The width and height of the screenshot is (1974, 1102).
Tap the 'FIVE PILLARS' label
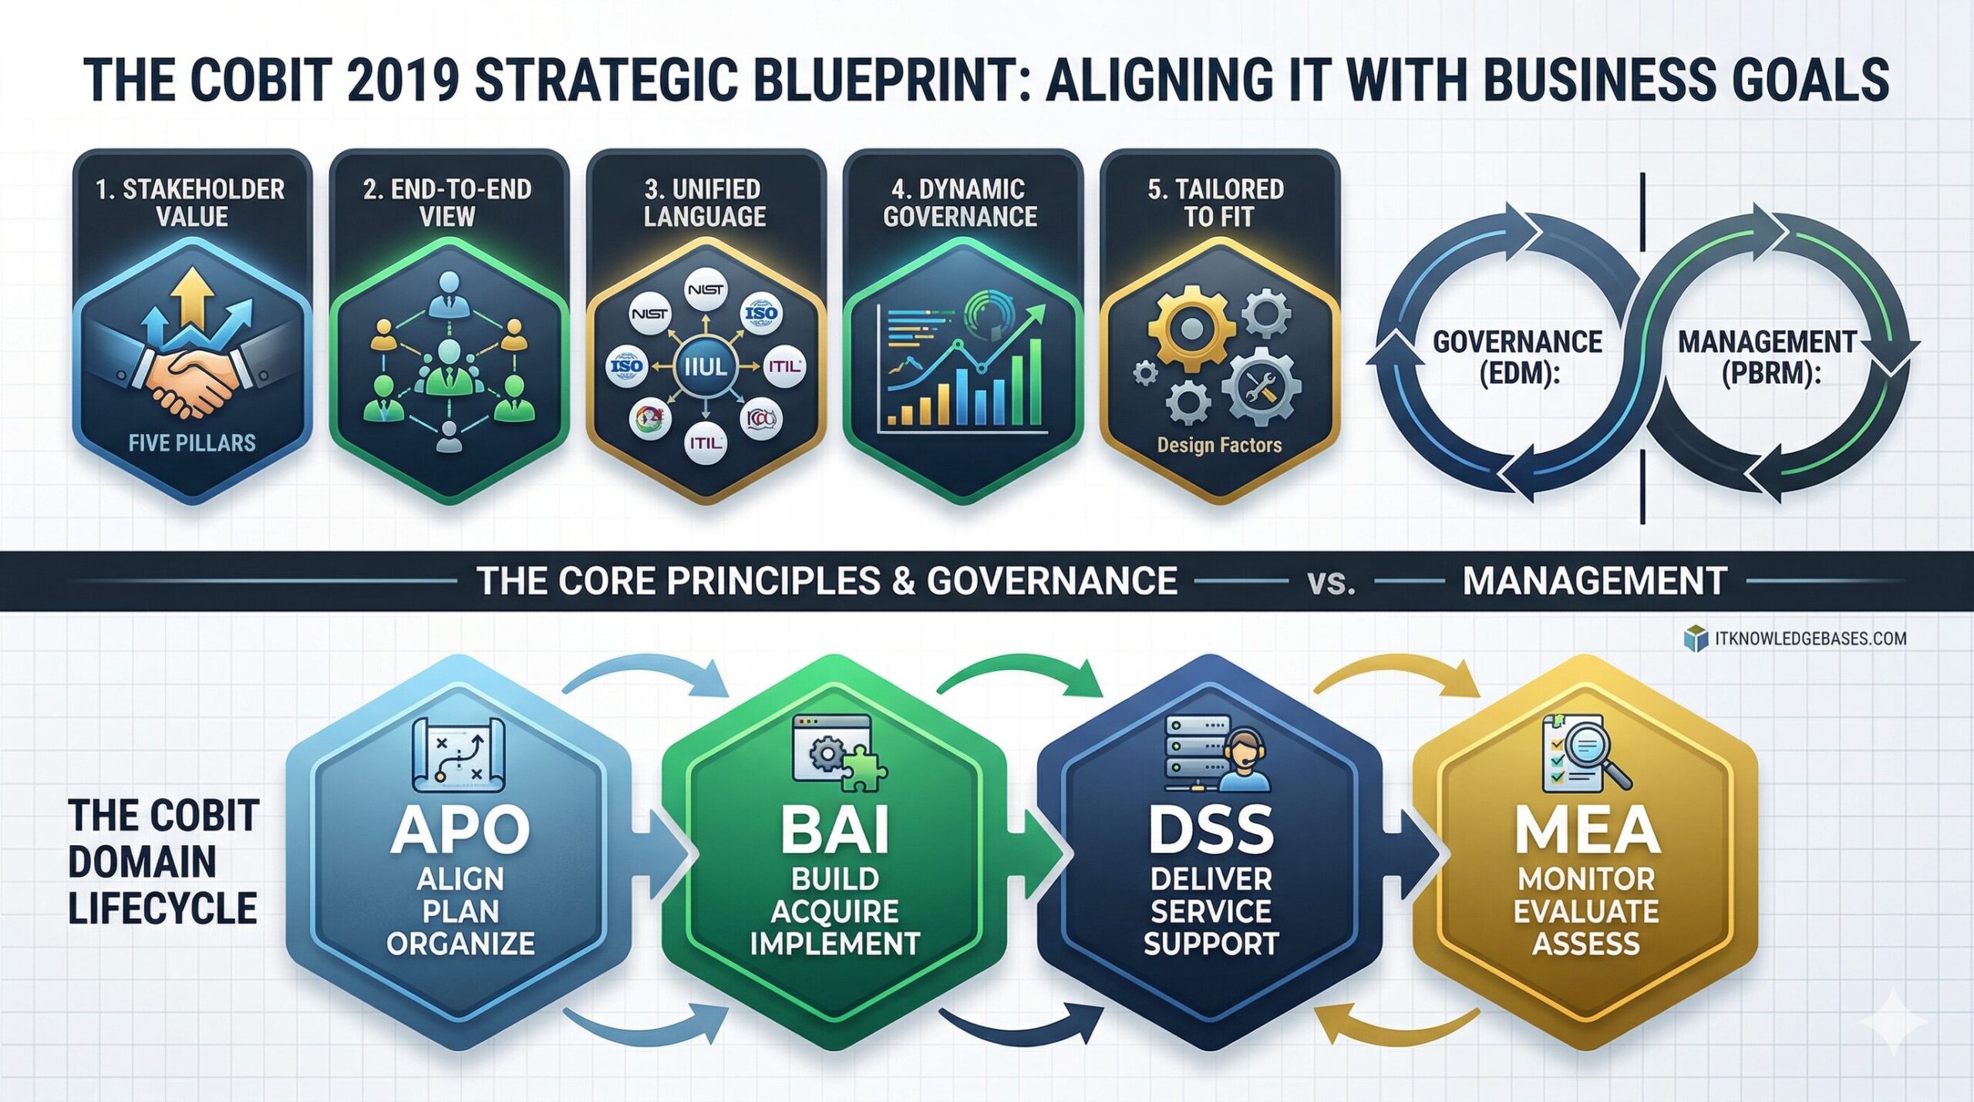[192, 443]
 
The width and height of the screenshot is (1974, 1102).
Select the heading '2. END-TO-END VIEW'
[447, 202]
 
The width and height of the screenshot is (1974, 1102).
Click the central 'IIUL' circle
[705, 366]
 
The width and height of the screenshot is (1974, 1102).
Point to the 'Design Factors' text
[1219, 445]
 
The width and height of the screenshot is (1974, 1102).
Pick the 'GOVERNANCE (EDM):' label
[1518, 357]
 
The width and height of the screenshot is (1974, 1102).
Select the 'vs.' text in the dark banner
[1332, 582]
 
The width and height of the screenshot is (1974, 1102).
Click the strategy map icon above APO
[458, 754]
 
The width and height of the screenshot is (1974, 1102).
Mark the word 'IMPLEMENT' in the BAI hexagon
[835, 944]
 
